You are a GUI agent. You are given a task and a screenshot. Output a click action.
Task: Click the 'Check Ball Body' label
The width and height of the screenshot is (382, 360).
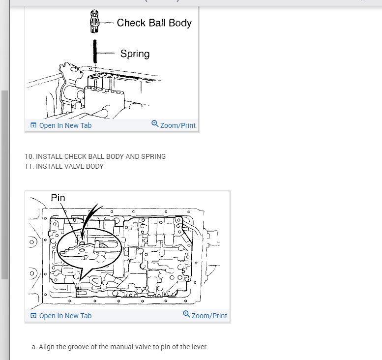154,23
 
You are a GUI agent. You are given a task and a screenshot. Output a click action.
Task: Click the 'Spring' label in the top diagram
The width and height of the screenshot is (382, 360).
135,54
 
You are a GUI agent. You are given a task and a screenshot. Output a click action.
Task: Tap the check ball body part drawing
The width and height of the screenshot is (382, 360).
94,20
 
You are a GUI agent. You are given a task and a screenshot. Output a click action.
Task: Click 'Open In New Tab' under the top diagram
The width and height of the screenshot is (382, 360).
65,125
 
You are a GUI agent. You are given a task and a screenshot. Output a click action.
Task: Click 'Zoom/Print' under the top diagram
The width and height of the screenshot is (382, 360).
177,125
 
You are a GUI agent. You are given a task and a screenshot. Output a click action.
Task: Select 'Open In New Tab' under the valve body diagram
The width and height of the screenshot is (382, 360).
65,316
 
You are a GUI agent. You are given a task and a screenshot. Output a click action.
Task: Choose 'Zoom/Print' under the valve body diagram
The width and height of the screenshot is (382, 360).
209,316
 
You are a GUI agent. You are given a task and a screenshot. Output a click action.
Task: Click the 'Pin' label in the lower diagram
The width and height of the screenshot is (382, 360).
58,198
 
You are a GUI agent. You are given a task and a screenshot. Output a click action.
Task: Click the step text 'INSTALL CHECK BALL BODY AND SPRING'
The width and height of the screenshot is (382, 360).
101,156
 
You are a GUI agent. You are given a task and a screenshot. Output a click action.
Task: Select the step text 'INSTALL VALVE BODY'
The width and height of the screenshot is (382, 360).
70,166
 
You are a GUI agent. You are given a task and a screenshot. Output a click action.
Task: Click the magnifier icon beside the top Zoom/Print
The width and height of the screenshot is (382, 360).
155,124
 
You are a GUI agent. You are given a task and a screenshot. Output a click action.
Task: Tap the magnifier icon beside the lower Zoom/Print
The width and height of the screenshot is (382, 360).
186,315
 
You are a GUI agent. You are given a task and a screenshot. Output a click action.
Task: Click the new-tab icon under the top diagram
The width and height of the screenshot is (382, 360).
33,125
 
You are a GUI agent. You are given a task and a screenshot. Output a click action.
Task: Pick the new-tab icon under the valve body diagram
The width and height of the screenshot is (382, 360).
33,316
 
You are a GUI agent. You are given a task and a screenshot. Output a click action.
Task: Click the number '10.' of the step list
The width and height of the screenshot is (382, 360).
29,156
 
